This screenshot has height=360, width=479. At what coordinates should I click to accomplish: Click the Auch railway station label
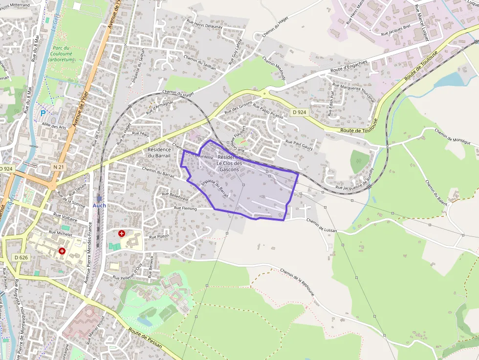[99, 206]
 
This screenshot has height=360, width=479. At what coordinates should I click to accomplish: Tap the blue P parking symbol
[43, 113]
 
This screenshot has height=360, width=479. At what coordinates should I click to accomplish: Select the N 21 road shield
[58, 167]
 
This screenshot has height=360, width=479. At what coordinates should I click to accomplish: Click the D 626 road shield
[21, 257]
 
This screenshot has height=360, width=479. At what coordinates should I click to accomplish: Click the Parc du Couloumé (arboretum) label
[62, 54]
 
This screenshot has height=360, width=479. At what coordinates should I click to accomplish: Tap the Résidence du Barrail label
[159, 152]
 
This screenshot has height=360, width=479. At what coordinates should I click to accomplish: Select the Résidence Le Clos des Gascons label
[229, 163]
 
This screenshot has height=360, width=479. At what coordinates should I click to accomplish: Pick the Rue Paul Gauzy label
[299, 145]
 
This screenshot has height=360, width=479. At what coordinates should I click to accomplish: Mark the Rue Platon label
[159, 236]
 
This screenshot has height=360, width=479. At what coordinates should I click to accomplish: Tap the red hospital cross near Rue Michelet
[62, 251]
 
